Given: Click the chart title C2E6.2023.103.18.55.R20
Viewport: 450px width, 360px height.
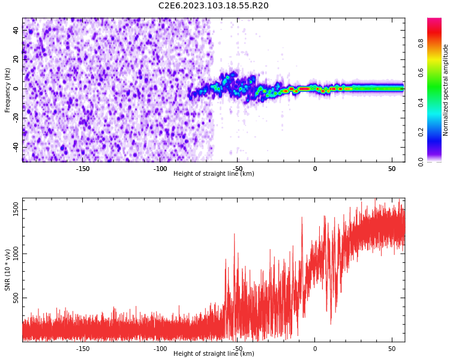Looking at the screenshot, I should [214, 6].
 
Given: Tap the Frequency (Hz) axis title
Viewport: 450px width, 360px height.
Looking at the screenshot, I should [8, 90].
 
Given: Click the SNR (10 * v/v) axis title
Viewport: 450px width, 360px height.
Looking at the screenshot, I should [8, 270].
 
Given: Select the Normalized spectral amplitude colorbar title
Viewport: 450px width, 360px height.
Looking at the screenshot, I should [446, 90].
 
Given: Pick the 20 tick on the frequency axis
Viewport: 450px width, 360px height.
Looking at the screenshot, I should [16, 59].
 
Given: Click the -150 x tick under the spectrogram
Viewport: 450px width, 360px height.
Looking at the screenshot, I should [83, 169].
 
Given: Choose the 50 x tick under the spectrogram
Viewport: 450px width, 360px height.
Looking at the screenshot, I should [392, 169].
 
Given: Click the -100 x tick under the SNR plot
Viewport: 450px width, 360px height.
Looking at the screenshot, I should [160, 349].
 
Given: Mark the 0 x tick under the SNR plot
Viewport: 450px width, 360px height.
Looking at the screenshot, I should [314, 349].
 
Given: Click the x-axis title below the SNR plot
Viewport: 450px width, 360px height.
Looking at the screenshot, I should [214, 354].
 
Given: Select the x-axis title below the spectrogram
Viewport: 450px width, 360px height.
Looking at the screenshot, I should [214, 174].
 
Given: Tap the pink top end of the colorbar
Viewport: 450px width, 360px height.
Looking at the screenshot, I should [434, 21].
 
